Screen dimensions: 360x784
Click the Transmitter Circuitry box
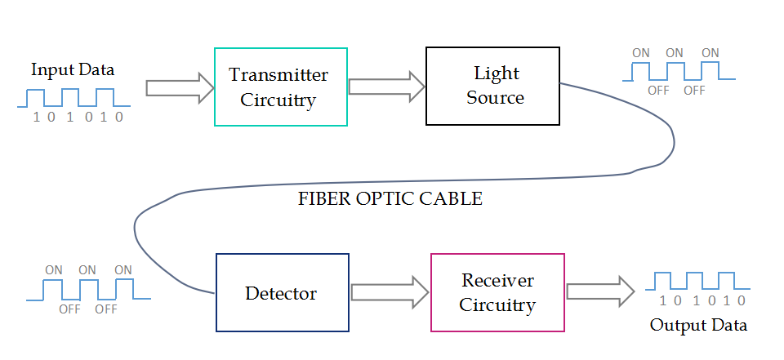(x=280, y=87)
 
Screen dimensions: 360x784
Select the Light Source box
(x=492, y=86)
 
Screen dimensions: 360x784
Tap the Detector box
(x=282, y=292)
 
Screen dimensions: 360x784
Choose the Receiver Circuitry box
(x=497, y=292)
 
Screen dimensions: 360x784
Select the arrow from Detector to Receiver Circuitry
(x=390, y=292)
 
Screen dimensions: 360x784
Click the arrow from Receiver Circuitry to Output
(x=600, y=291)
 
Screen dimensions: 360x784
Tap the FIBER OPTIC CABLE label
(x=390, y=199)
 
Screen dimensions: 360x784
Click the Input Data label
(x=73, y=69)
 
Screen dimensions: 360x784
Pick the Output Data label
(x=698, y=325)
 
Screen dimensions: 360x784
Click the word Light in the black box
(x=497, y=73)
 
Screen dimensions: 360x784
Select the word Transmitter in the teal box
(x=278, y=75)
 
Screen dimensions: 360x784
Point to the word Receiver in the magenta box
(x=497, y=281)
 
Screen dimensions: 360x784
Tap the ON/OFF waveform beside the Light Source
(x=677, y=71)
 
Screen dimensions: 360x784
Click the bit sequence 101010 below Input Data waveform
(x=78, y=117)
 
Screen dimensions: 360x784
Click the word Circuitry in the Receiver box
(x=497, y=305)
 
